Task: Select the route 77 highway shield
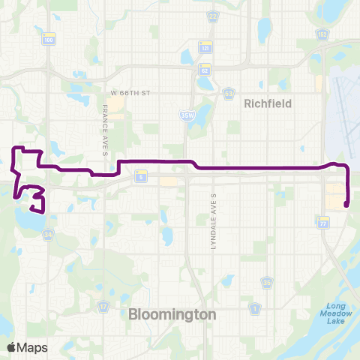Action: click(323, 223)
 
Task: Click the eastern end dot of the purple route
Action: click(346, 203)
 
